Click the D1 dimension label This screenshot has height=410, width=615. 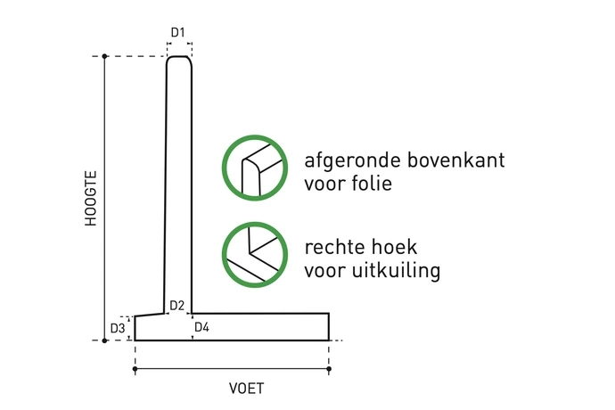(178, 33)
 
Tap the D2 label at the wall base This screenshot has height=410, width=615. (176, 306)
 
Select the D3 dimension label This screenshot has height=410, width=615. (118, 329)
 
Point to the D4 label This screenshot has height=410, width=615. (201, 328)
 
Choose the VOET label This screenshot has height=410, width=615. (247, 389)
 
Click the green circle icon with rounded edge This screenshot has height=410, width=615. (255, 168)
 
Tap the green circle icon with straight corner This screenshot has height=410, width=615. (255, 253)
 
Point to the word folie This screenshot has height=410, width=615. (372, 185)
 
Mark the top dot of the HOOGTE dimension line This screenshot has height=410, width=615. (105, 57)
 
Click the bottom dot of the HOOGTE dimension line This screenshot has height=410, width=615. (105, 340)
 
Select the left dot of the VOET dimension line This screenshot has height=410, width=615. (135, 369)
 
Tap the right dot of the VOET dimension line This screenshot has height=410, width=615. (329, 369)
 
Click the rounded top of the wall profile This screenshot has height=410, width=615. (180, 60)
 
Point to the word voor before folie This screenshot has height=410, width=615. (324, 185)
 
